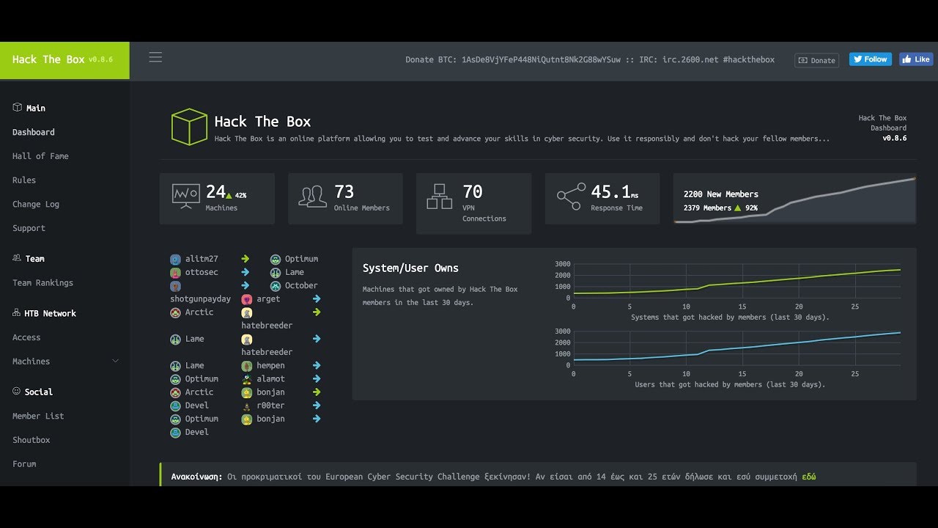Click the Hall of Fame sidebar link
click(x=40, y=156)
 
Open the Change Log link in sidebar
click(x=36, y=204)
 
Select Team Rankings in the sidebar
click(x=43, y=283)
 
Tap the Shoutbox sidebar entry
click(x=32, y=440)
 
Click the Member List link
click(x=38, y=416)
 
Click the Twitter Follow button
click(x=870, y=59)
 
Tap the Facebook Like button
click(x=915, y=59)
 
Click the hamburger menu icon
click(x=155, y=57)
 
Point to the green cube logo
click(x=189, y=127)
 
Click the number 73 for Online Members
click(x=344, y=192)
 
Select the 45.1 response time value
click(x=610, y=192)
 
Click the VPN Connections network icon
click(x=439, y=196)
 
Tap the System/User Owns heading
click(x=410, y=268)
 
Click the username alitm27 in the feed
click(x=202, y=259)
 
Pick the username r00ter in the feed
click(x=270, y=406)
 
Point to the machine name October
click(x=301, y=285)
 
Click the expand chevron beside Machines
click(x=115, y=362)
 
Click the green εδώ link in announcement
click(x=809, y=477)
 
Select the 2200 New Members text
click(x=720, y=194)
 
